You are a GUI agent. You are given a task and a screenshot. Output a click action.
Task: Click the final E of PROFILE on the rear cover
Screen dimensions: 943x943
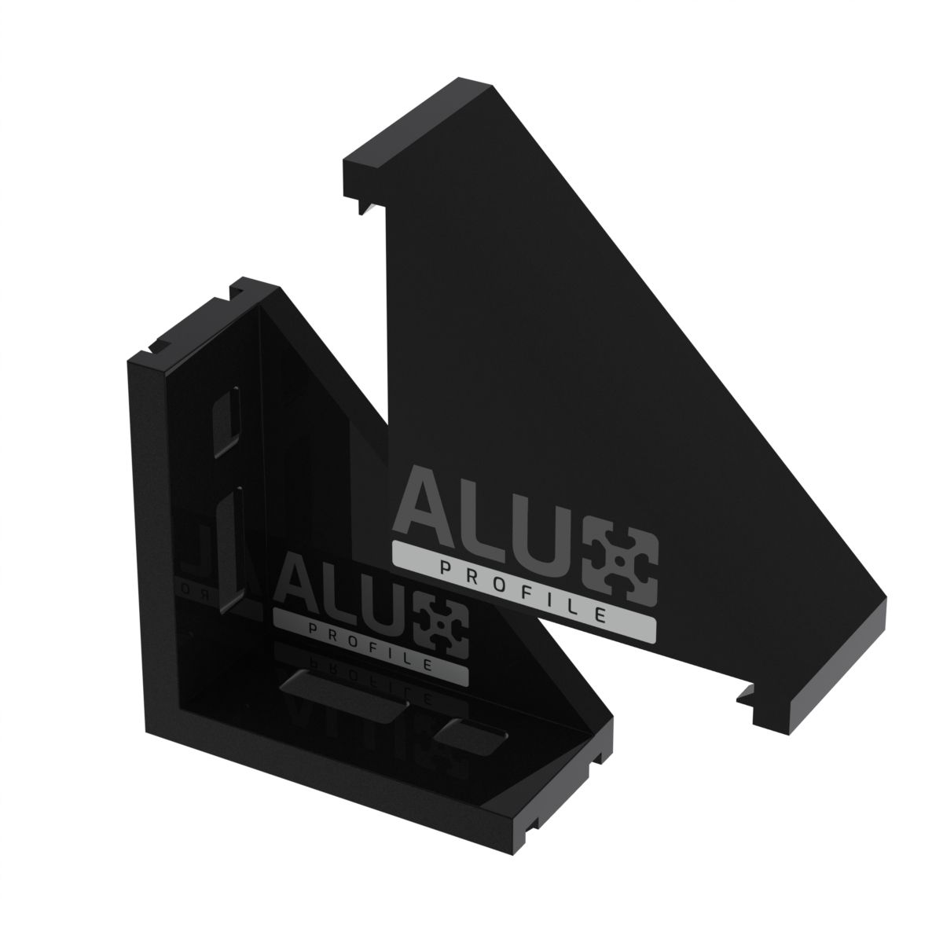(601, 615)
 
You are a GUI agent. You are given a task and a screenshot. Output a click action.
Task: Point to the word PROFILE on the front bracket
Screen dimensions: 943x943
(370, 648)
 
